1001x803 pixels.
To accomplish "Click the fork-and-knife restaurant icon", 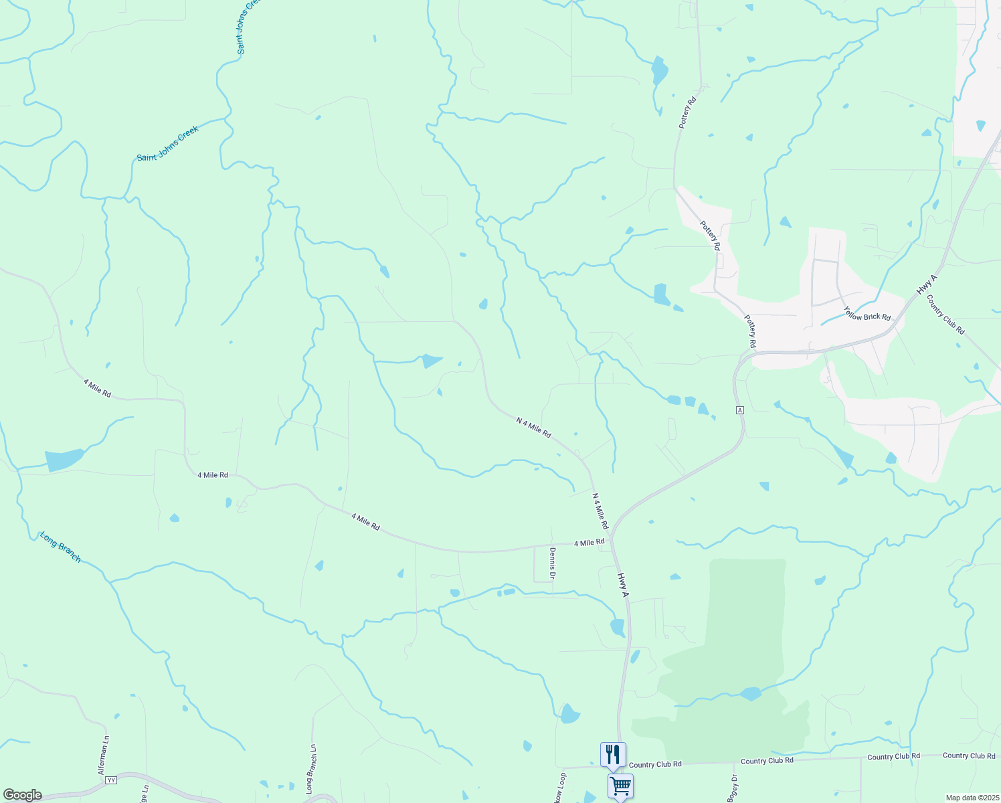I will (613, 754).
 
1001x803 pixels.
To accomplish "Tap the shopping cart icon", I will (620, 785).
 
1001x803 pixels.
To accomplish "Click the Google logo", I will (23, 795).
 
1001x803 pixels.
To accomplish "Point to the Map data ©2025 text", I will (972, 798).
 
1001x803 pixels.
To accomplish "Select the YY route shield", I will (111, 780).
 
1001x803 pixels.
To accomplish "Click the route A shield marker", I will (739, 410).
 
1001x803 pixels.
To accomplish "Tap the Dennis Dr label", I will (553, 563).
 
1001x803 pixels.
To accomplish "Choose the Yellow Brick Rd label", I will (867, 313).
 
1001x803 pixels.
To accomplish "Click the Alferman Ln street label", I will (104, 755).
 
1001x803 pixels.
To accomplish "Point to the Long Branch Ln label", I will (311, 770).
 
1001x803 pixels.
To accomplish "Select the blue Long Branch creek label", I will (60, 547).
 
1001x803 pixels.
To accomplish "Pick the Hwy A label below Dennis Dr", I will (624, 585).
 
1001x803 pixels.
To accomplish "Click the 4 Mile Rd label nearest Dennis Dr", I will (589, 542).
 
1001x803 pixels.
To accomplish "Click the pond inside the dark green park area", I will (751, 693).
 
